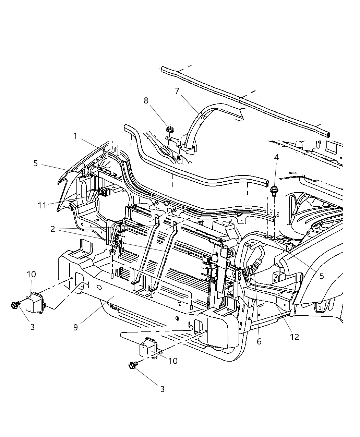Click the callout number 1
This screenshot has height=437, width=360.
point(75,136)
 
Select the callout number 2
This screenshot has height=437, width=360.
point(52,229)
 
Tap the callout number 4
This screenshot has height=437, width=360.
point(276,158)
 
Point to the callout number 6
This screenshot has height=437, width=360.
point(259,341)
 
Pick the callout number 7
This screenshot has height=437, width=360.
point(177,91)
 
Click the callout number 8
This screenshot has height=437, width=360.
point(146,100)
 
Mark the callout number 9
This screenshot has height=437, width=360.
point(75,327)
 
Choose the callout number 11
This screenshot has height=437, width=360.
point(42,205)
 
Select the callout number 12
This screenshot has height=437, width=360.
point(295,337)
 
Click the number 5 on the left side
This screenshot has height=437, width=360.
point(36,163)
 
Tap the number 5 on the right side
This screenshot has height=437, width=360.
point(321,276)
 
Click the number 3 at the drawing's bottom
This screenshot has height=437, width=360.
point(162,389)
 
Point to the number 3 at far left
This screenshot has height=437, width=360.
point(32,327)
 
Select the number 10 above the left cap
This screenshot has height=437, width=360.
point(31,275)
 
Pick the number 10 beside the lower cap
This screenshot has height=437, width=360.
point(173,361)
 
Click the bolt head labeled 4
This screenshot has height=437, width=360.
point(274,190)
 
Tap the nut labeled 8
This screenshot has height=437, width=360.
point(169,130)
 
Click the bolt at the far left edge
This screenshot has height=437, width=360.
point(15,304)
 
